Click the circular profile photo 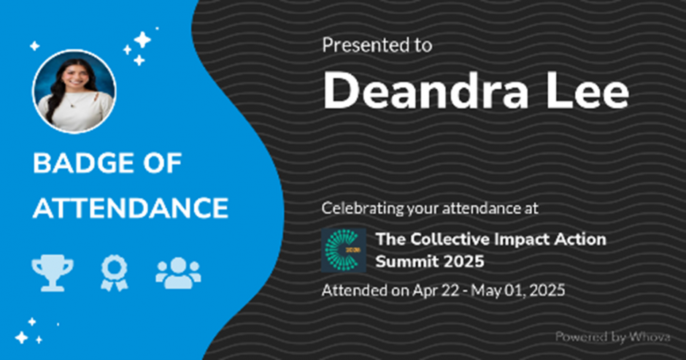(x=74, y=91)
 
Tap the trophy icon (x=53, y=273)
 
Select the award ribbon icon (x=114, y=273)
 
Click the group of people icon (x=178, y=273)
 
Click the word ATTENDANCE (x=131, y=208)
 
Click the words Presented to (x=377, y=45)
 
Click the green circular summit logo (x=344, y=250)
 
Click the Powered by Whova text (x=612, y=337)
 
